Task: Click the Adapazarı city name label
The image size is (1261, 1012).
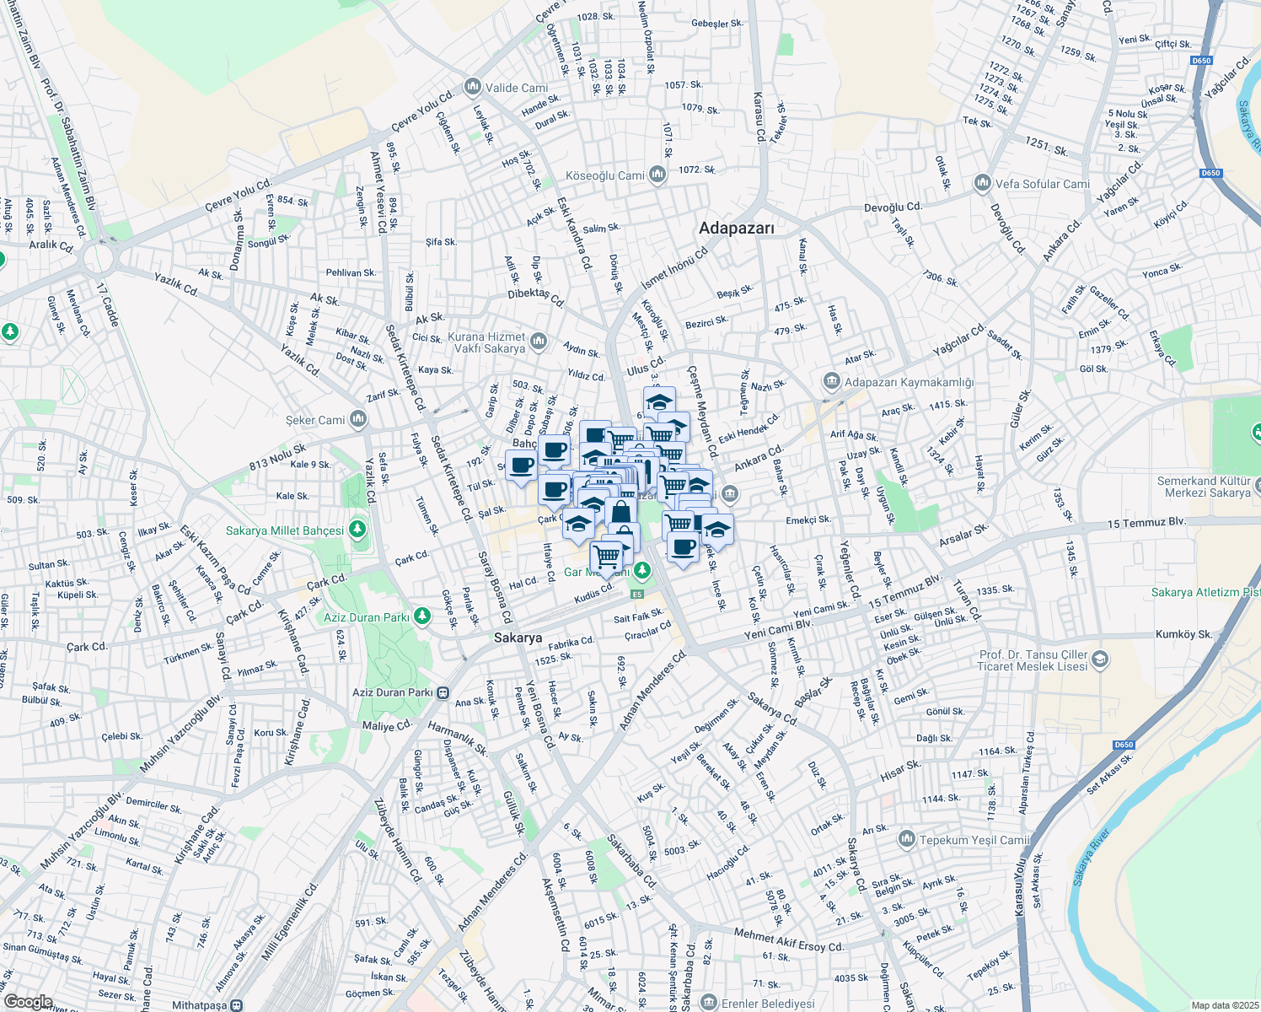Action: click(x=736, y=228)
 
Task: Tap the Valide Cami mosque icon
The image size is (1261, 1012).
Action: click(x=472, y=88)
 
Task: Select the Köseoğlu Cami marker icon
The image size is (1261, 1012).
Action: click(x=657, y=175)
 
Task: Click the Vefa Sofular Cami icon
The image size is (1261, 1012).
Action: click(x=981, y=184)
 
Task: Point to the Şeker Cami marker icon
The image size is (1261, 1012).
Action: click(x=358, y=419)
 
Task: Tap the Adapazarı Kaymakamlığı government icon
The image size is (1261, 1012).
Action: click(x=832, y=382)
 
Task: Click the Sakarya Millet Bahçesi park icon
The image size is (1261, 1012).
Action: click(x=357, y=530)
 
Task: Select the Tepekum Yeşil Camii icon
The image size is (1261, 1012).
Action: click(x=907, y=839)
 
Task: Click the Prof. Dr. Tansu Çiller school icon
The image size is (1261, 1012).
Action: click(x=1100, y=660)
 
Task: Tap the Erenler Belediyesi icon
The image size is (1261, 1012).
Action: click(x=708, y=1003)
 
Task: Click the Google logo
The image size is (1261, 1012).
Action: click(x=29, y=1002)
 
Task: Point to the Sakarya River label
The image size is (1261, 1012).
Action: click(x=1092, y=858)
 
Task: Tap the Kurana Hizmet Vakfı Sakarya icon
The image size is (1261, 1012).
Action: click(x=539, y=342)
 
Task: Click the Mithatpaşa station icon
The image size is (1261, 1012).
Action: click(x=237, y=1005)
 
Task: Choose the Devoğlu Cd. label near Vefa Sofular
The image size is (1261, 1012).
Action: click(x=893, y=207)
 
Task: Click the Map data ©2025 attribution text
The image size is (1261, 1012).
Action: click(x=1224, y=1005)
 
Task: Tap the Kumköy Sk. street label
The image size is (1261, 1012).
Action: click(x=1183, y=634)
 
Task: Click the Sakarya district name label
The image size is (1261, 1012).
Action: click(x=518, y=638)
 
